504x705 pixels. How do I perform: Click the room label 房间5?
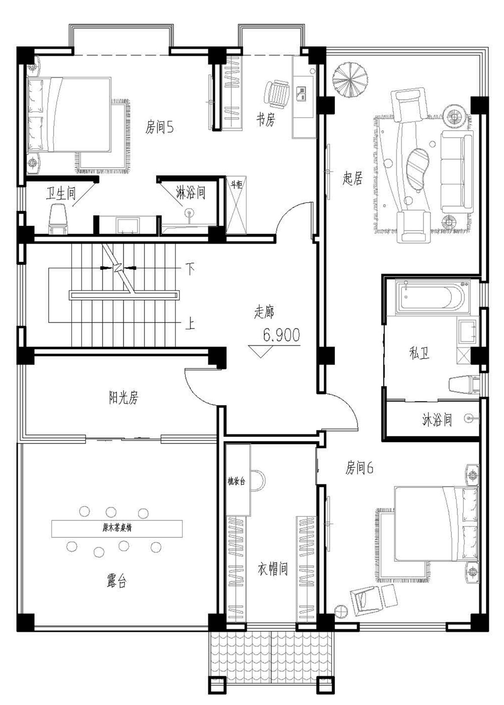coord(159,128)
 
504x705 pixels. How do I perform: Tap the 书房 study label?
coord(265,119)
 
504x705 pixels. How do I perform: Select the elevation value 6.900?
coord(281,335)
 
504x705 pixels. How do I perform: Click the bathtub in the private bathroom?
coord(430,298)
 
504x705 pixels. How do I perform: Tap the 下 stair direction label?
coord(190,269)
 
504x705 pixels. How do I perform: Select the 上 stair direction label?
coord(190,325)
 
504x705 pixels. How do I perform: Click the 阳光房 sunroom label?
coord(123,397)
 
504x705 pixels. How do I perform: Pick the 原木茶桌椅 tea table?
coord(117,528)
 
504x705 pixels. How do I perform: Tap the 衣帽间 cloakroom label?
coord(272,569)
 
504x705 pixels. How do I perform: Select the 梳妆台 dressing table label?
coord(236,481)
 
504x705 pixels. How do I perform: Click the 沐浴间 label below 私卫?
coord(437,420)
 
